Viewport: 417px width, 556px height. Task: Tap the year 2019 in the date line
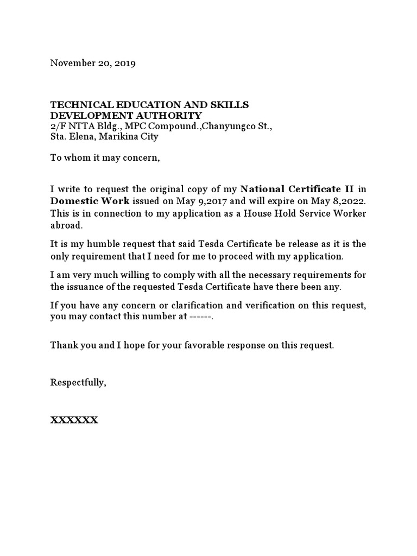(x=125, y=63)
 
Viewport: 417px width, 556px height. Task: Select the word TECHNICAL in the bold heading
(x=75, y=105)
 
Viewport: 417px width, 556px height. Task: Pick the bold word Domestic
(x=74, y=200)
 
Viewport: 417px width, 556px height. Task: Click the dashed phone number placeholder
(x=200, y=317)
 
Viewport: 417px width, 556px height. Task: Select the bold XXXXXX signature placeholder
(x=74, y=420)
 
